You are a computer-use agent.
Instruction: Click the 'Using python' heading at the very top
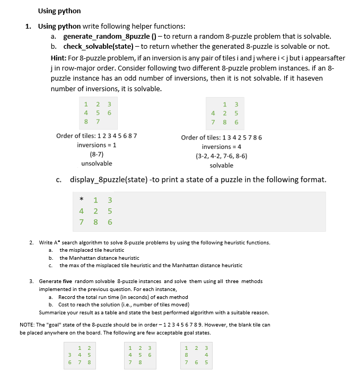point(59,11)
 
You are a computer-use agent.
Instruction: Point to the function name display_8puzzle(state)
point(109,180)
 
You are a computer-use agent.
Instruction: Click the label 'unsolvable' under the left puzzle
point(96,163)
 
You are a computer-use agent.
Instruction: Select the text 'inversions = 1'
point(96,145)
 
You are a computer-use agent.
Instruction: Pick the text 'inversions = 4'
point(222,146)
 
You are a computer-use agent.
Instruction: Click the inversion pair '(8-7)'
point(96,154)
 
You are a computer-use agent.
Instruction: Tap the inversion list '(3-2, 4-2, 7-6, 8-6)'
point(222,156)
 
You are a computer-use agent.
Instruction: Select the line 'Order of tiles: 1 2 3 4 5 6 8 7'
point(96,136)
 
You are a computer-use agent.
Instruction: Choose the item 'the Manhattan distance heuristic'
point(99,258)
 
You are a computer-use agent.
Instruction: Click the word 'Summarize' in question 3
point(52,312)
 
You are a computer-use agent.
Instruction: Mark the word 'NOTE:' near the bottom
point(28,324)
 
